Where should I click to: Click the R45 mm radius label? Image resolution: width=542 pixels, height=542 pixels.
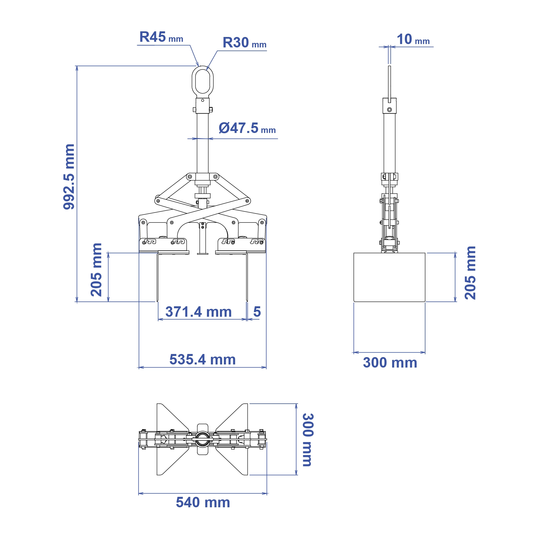coord(161,37)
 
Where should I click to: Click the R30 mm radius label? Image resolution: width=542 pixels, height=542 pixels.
coord(244,43)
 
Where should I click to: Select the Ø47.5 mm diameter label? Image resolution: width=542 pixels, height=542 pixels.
coord(247,128)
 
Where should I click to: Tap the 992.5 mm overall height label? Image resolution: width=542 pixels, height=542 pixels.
coord(69,177)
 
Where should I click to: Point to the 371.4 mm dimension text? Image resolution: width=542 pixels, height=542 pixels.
coord(198,312)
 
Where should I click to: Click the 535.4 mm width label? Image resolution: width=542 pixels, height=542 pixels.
coord(202,360)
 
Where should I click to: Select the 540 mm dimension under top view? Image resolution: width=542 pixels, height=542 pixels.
coord(203,502)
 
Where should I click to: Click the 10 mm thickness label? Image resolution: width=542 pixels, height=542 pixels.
coord(413,40)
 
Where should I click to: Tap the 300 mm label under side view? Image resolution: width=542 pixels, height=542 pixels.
coord(390,363)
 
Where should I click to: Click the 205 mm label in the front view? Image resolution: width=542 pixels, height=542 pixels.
coord(96,270)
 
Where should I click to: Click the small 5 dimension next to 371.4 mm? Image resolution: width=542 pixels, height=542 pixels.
coord(257,312)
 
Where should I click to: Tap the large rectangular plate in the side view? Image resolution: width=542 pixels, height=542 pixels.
coord(389,277)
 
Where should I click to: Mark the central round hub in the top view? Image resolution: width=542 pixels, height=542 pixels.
coord(202,439)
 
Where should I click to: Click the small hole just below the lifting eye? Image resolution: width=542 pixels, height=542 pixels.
coord(203,100)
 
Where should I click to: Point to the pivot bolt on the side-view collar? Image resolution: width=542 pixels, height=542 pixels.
coord(390,110)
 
